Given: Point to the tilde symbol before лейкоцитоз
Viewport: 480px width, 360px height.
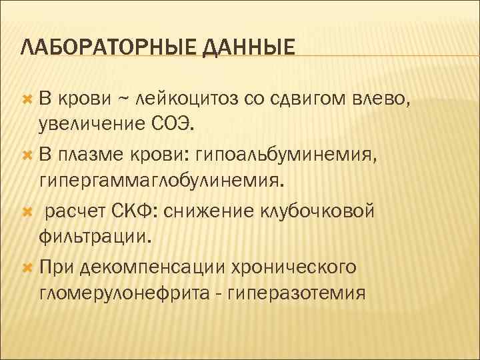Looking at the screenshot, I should (124, 100).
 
